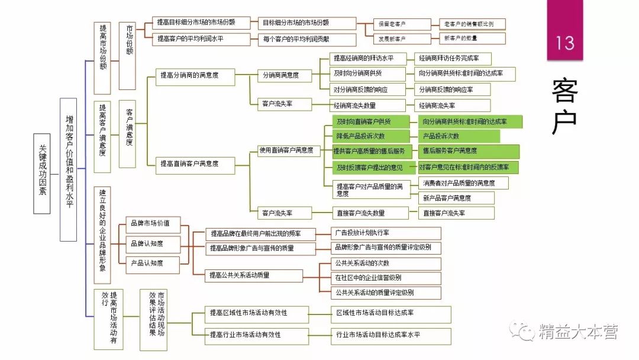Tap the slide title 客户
tap(564, 107)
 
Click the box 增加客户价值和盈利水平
tap(69, 169)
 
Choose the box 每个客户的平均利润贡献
tap(306, 40)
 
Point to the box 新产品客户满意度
tap(448, 198)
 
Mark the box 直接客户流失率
tap(456, 213)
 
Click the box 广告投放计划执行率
tap(385, 233)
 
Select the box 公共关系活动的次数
tap(385, 263)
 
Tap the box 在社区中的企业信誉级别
tap(385, 278)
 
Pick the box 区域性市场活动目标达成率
tap(390, 312)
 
